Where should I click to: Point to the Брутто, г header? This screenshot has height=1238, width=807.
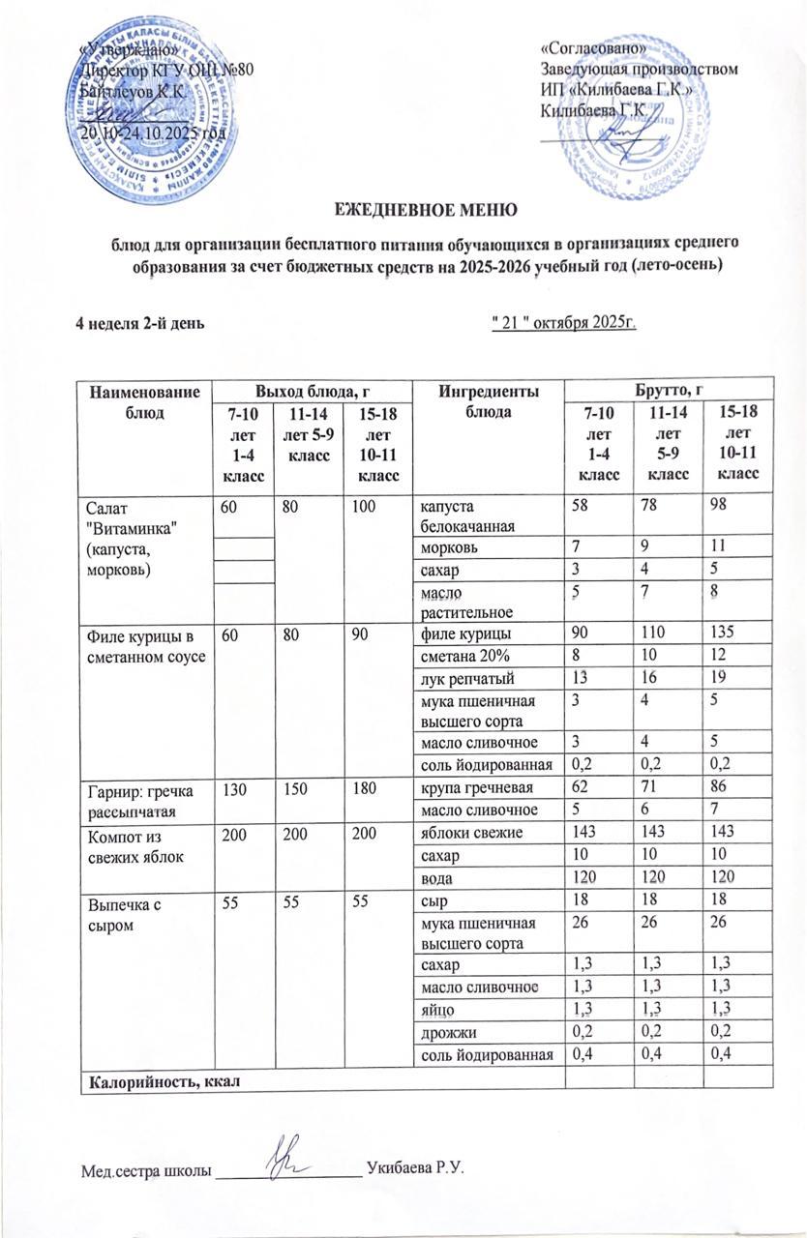coord(668,388)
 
